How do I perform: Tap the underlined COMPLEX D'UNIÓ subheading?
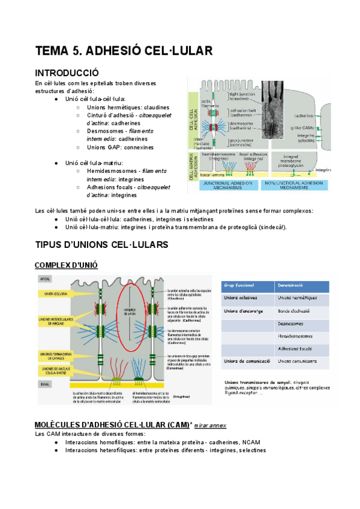click(x=66, y=265)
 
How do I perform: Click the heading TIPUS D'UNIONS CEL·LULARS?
click(x=101, y=245)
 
